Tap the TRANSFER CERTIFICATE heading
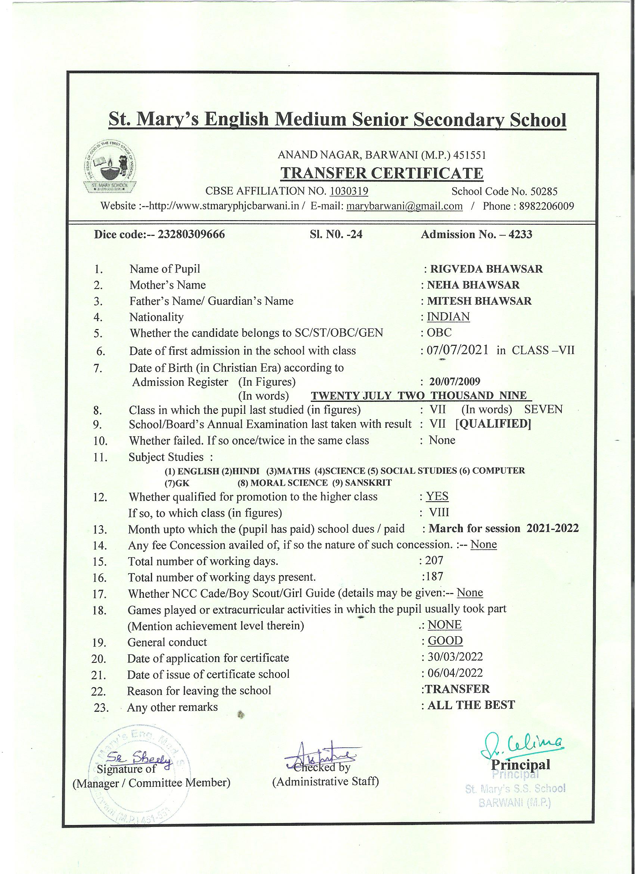pos(381,173)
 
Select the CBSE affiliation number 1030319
pos(349,191)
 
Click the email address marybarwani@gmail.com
pos(404,206)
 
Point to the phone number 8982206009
pos(546,206)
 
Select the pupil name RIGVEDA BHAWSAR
pos(486,269)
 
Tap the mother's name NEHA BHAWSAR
pos(473,285)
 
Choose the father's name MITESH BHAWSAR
pos(480,301)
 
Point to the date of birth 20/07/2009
pos(455,382)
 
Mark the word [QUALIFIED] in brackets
pos(493,424)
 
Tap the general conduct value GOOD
pos(445,640)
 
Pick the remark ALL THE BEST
pos(471,705)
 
